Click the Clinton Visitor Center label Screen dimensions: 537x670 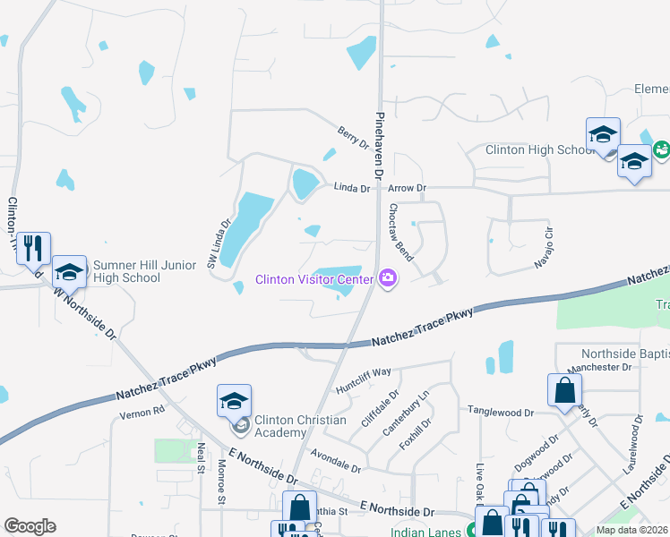314,279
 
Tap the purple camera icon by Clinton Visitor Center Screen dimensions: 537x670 388,279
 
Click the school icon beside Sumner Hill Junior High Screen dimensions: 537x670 70,269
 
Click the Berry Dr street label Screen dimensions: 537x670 353,137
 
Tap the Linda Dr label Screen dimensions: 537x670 352,189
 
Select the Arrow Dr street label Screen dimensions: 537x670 408,189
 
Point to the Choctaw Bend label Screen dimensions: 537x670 399,231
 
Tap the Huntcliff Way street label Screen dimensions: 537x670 364,380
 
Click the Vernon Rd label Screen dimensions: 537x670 143,412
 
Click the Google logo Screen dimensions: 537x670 30,526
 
